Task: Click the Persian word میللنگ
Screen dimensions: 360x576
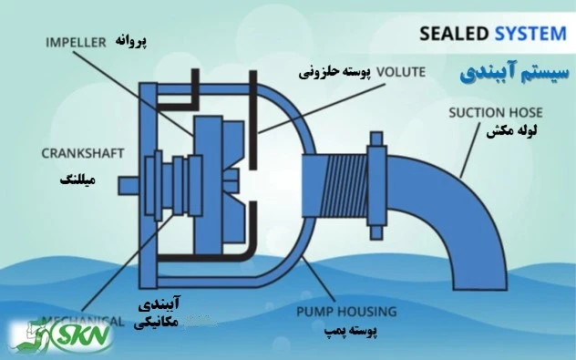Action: [74, 180]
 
